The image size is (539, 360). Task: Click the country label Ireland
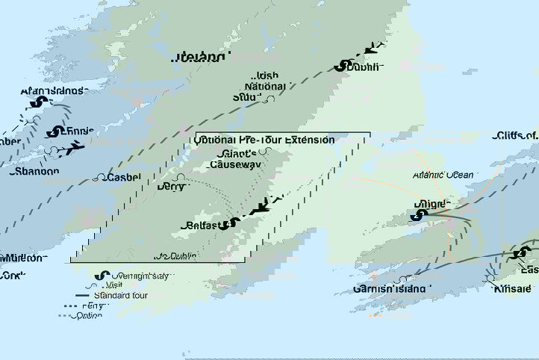[x=199, y=57]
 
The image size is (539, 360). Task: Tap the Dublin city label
[x=364, y=67]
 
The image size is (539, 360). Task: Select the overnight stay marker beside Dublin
[x=342, y=66]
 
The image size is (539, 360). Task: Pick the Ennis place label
[x=79, y=131]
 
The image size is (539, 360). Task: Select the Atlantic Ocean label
[x=443, y=175]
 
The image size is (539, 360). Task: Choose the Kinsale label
[x=514, y=289]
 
